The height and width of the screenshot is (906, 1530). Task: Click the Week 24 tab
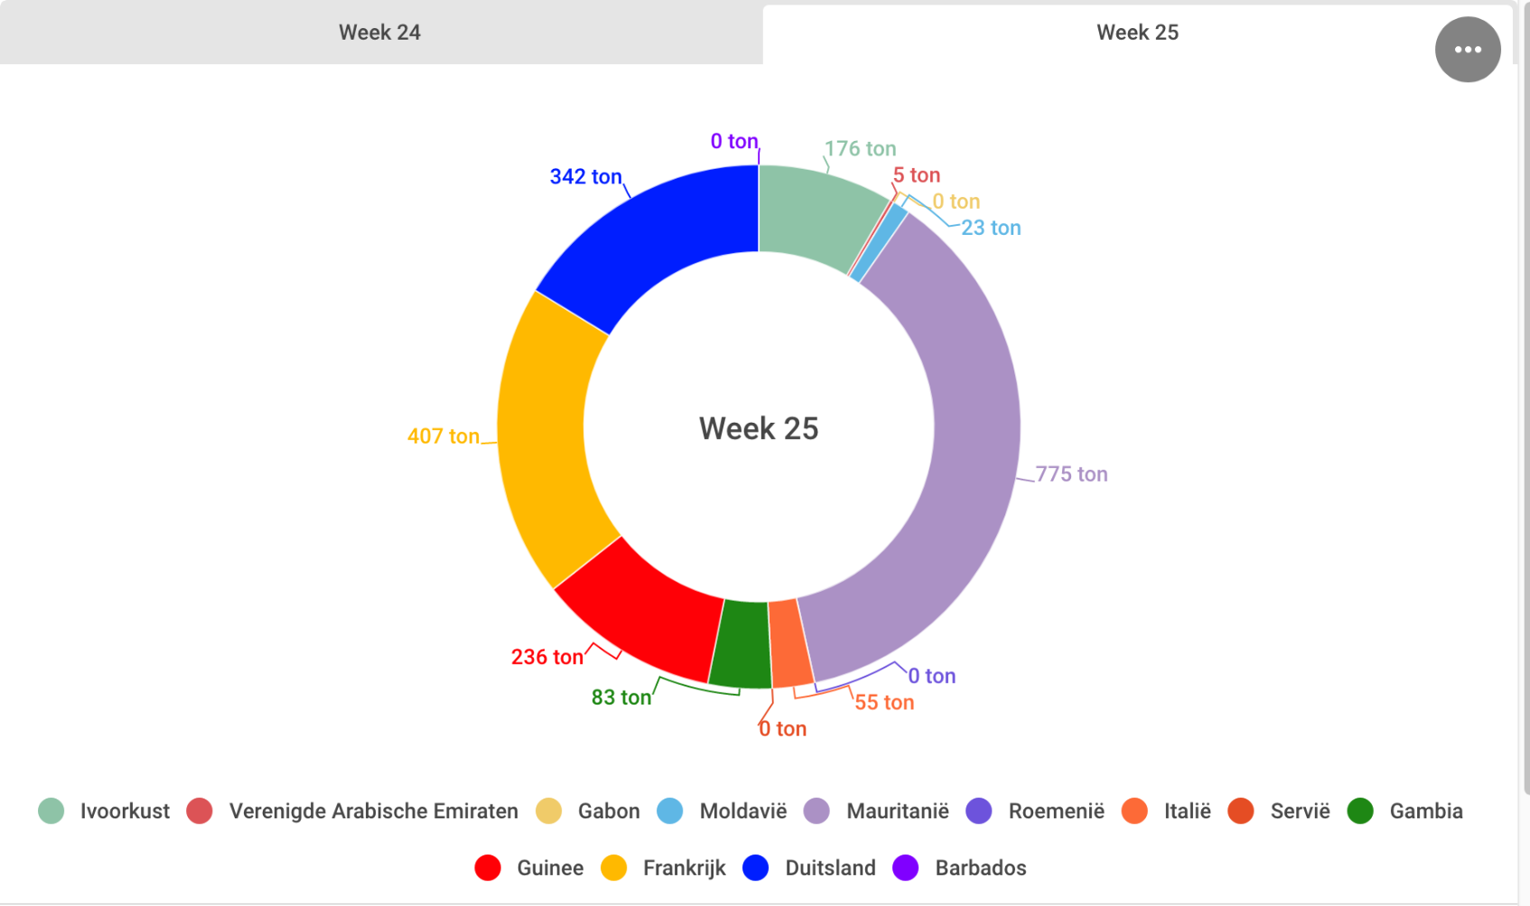379,33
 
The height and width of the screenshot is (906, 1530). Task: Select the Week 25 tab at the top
1136,33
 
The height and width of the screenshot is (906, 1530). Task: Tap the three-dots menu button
1467,50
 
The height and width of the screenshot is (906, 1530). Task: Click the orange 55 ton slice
789,641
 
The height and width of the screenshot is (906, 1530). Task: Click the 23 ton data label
991,228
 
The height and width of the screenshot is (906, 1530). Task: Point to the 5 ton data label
917,175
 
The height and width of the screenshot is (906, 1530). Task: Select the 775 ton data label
1071,474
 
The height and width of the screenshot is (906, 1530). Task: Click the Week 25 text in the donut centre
759,428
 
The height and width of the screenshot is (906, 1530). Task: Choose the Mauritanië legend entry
897,811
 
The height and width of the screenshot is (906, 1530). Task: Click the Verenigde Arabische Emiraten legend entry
373,811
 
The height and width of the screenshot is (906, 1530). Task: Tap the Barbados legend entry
980,868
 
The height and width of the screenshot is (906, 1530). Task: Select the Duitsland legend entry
830,868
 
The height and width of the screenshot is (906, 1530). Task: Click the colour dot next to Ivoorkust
51,811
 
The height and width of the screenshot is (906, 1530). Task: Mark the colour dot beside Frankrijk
614,868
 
